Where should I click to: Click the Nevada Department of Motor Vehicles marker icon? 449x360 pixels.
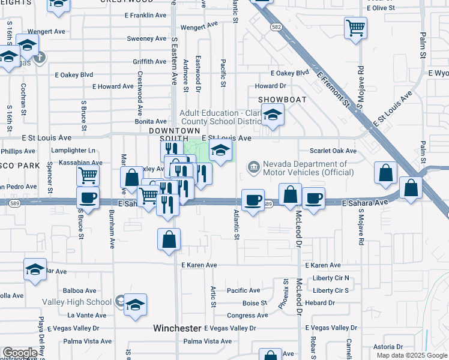click(x=253, y=166)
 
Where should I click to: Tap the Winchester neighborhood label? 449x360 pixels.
click(x=176, y=328)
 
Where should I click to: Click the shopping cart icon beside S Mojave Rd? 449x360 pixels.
click(x=355, y=28)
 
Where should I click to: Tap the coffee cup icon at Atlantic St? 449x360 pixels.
click(x=253, y=199)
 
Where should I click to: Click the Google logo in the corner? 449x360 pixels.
click(x=20, y=353)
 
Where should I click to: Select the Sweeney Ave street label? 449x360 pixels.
click(x=146, y=38)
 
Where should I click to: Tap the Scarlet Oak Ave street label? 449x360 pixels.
click(x=333, y=151)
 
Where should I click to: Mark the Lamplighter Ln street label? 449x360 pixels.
click(x=73, y=150)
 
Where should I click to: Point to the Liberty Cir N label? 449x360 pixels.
click(x=330, y=278)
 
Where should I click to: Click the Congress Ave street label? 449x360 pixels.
click(x=247, y=315)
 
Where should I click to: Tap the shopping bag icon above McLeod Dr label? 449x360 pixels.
click(x=291, y=195)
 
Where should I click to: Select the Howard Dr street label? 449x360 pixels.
click(x=270, y=86)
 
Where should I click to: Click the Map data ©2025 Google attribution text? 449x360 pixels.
click(x=411, y=355)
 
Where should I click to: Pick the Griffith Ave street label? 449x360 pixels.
click(x=149, y=61)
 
